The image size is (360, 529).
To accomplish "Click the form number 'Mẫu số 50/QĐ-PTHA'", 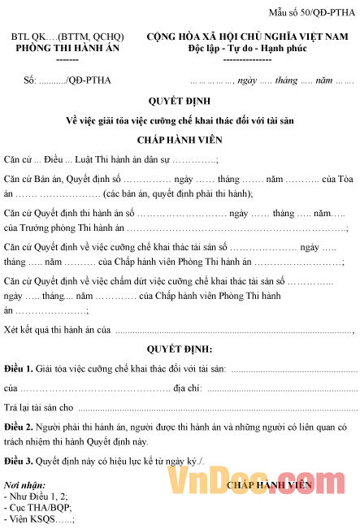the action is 313,12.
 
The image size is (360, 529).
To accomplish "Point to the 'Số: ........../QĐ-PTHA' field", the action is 68,81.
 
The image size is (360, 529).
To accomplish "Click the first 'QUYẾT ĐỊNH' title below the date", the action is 180,102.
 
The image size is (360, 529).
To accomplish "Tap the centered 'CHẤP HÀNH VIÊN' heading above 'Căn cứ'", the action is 180,139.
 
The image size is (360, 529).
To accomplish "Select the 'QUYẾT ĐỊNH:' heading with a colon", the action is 180,349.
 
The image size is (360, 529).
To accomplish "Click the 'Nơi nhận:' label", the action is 24,485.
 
